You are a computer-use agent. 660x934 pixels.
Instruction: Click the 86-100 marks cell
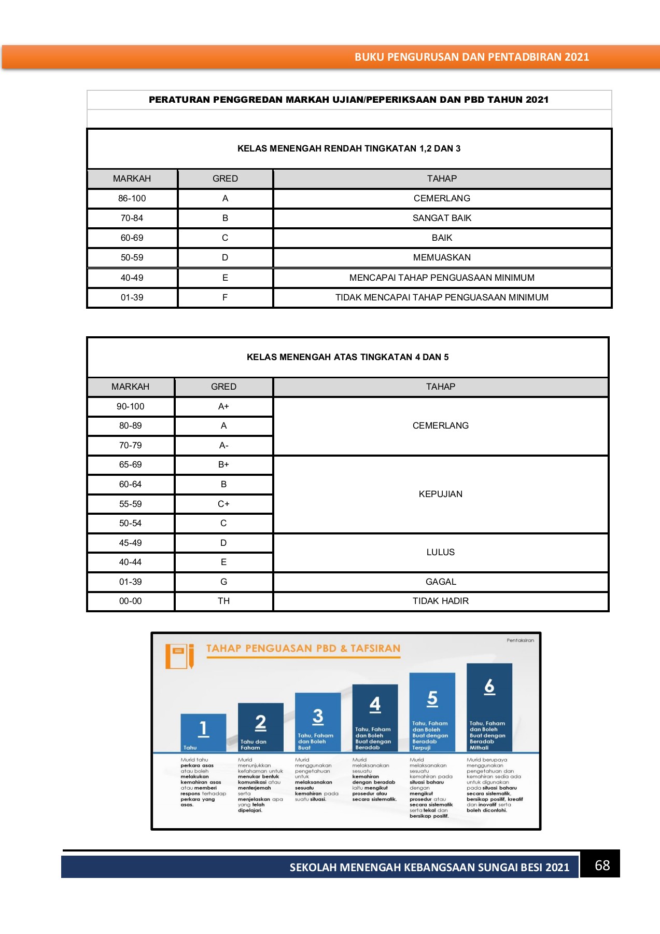tap(132, 198)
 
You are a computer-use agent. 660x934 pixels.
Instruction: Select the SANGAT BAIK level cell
tap(442, 218)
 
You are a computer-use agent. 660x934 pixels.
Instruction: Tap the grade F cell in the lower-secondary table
tap(225, 297)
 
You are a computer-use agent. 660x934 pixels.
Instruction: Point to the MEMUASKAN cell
tap(442, 257)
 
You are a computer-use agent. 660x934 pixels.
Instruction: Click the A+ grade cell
tap(223, 406)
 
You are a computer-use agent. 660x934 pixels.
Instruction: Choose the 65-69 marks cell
tap(130, 464)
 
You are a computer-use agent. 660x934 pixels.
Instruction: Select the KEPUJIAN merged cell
tap(440, 494)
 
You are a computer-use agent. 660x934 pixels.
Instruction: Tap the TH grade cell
tap(223, 601)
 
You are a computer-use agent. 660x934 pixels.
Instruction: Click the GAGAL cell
tap(440, 582)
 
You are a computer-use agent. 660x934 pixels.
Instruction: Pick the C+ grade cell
tap(223, 504)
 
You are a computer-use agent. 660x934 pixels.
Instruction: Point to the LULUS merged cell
tap(440, 552)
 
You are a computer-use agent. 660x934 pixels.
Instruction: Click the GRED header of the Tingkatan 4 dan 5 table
tap(223, 387)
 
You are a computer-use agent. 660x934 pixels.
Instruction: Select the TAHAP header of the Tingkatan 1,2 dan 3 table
tap(442, 178)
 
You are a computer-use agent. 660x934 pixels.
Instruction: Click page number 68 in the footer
tap(602, 865)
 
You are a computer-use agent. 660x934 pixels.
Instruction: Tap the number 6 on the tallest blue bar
tap(489, 686)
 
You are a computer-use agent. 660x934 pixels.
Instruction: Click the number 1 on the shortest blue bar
tap(203, 729)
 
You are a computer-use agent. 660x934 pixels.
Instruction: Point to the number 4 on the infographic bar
tap(375, 704)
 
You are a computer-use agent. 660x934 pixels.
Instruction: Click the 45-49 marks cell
tap(130, 543)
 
